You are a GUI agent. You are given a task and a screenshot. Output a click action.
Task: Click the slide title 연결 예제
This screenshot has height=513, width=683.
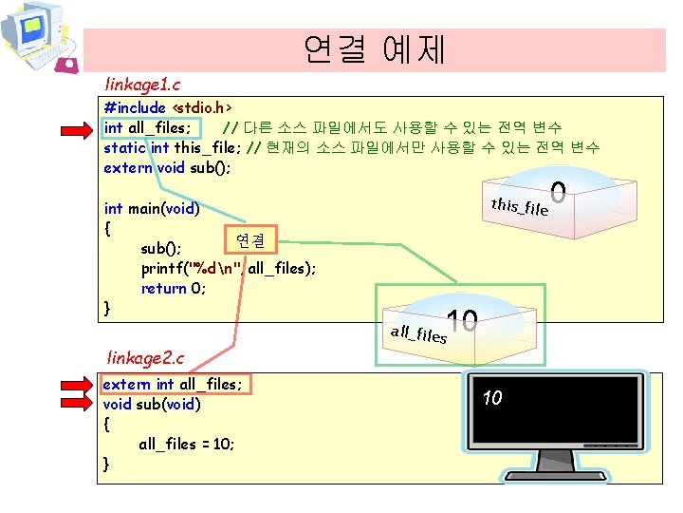pyautogui.click(x=374, y=48)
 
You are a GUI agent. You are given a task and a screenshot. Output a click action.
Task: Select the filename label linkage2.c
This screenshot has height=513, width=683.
pyautogui.click(x=145, y=357)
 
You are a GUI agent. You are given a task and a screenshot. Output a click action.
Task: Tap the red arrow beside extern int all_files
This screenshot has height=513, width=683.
pyautogui.click(x=77, y=385)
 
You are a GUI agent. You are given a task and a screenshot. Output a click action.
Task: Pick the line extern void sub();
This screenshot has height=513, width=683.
pyautogui.click(x=168, y=167)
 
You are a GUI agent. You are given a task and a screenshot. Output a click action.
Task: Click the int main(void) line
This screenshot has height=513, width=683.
pyautogui.click(x=151, y=208)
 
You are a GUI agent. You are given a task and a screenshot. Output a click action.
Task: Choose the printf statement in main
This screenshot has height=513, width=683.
pyautogui.click(x=229, y=268)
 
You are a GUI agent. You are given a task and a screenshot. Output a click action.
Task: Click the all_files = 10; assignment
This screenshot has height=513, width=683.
pyautogui.click(x=187, y=444)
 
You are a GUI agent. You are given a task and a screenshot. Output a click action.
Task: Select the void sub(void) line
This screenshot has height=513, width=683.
pyautogui.click(x=152, y=404)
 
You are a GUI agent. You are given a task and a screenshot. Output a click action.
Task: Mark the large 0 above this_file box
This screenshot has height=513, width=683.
pyautogui.click(x=558, y=193)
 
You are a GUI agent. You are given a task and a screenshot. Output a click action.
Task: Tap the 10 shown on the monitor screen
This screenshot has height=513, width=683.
pyautogui.click(x=491, y=398)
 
